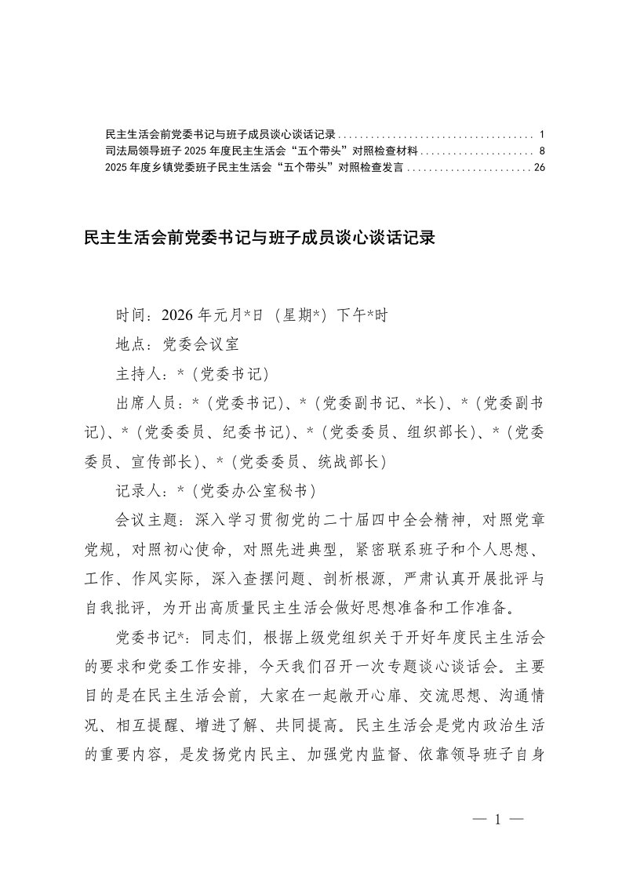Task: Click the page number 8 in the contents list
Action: (542, 150)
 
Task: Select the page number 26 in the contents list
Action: (538, 167)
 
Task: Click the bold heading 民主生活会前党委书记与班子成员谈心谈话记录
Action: (259, 238)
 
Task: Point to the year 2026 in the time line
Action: (180, 315)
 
